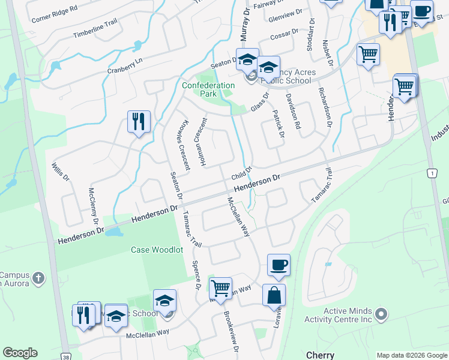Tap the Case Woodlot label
point(157,250)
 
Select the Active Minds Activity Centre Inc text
point(348,315)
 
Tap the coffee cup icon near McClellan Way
point(279,265)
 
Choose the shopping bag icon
point(274,295)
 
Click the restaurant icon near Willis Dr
point(139,122)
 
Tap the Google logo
point(20,353)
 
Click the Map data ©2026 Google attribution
point(412,355)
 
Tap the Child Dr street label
point(240,173)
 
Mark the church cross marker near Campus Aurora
point(38,278)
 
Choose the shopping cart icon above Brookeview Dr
point(220,289)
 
